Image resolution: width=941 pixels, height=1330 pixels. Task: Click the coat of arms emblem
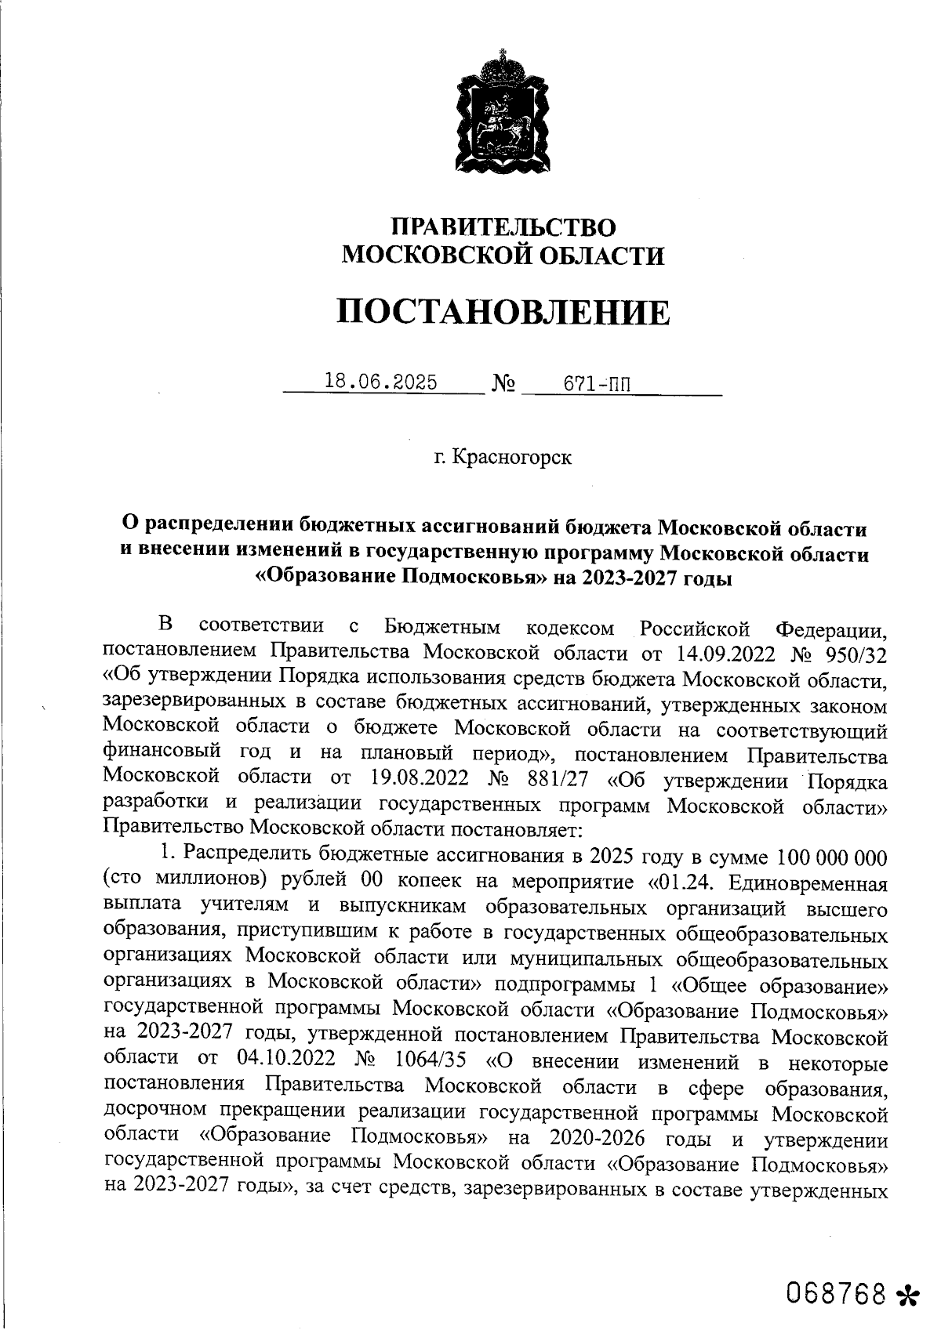pos(500,111)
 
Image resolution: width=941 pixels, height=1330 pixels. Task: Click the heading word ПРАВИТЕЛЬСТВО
pos(504,227)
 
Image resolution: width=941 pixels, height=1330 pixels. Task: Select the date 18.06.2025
pos(381,382)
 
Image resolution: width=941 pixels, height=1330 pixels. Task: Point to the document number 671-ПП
pos(597,384)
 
